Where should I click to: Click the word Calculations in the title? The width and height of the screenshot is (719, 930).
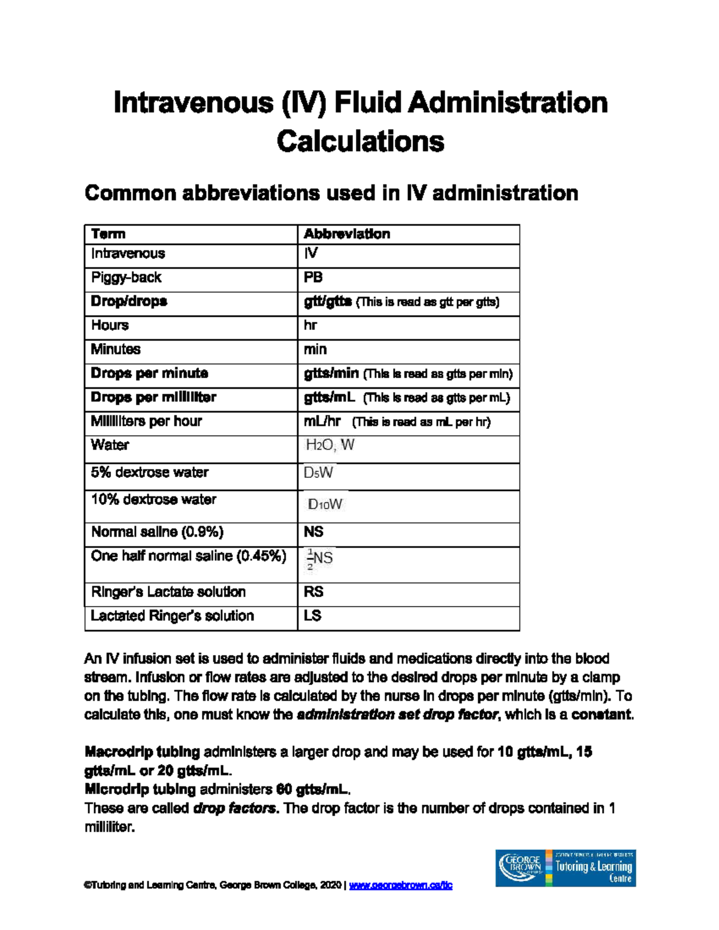click(360, 141)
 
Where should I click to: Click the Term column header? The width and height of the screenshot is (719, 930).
click(108, 234)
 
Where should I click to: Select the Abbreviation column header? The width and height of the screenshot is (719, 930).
click(347, 234)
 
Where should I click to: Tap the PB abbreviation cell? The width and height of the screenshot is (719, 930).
click(313, 277)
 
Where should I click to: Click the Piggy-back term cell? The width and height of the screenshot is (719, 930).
click(126, 277)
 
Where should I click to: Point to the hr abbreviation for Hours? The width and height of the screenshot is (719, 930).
click(310, 325)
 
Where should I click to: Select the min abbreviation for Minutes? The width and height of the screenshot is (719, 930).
click(315, 349)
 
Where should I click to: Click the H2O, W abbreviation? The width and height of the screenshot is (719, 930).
click(330, 445)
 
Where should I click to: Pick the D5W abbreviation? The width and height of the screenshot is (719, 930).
click(318, 473)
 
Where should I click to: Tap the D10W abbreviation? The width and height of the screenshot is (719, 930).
click(325, 505)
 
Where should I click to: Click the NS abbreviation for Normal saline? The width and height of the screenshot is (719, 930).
click(313, 532)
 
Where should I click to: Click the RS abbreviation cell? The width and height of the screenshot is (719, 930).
click(313, 592)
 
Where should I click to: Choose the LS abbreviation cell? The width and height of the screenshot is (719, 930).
click(313, 616)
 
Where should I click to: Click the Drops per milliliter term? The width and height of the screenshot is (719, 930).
click(153, 397)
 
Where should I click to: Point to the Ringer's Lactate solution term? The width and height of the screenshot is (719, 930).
click(168, 592)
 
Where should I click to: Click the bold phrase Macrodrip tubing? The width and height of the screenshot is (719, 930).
click(143, 752)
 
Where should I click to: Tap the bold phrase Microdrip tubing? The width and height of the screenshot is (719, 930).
click(141, 789)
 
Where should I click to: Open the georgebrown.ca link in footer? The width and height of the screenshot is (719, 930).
click(400, 885)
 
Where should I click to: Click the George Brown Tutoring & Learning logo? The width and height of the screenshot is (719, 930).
click(565, 868)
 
